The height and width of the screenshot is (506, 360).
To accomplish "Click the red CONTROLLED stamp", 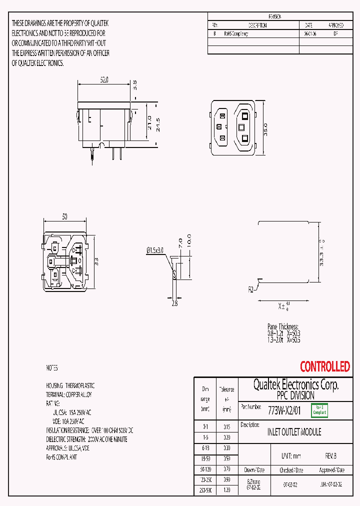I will pos(324,366).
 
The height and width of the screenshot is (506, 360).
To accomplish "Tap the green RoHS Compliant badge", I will pos(319,410).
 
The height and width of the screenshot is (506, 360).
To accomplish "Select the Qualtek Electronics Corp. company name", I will pos(295,384).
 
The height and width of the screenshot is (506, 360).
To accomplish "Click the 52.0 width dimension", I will pos(104,79).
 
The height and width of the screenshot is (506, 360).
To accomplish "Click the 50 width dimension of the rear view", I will pos(65,217).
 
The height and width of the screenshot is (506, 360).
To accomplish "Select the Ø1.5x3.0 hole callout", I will pos(155,250).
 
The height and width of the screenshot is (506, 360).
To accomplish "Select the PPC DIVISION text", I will pos(295,395).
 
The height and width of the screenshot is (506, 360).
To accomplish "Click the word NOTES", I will pos(52,368).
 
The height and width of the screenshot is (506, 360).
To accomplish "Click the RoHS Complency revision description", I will pos(233,34).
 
